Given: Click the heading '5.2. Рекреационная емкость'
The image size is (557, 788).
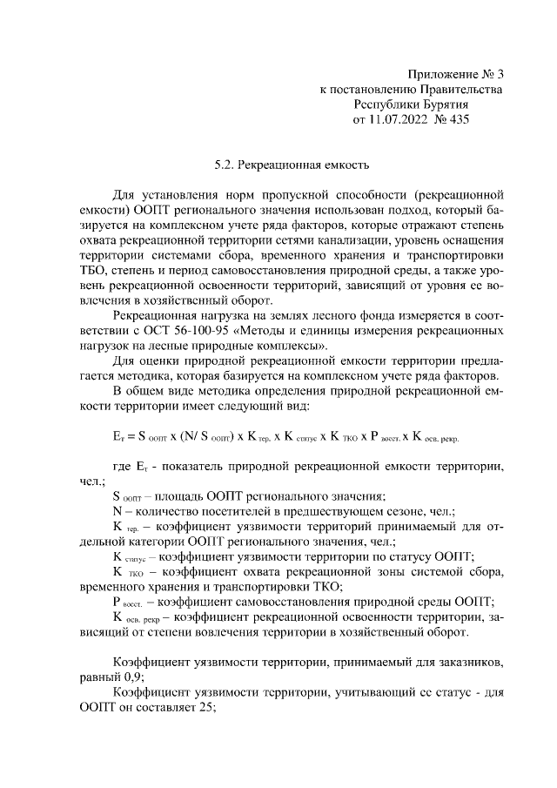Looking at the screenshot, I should (281, 163).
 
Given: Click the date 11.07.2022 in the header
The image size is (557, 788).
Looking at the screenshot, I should (405, 119).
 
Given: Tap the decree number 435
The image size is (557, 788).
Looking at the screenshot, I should (458, 119).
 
